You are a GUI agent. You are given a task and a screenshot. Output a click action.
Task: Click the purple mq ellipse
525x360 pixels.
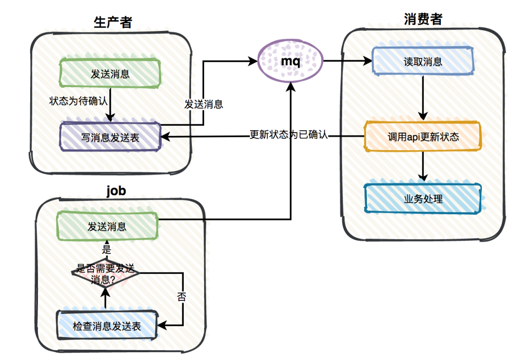[290, 61]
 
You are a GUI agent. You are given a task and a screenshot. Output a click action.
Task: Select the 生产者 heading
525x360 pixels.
[113, 22]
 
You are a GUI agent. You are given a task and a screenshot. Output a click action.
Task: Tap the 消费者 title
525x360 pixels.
[423, 19]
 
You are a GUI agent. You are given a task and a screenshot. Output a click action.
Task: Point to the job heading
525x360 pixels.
[116, 191]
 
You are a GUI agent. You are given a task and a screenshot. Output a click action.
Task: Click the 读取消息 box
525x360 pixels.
[423, 61]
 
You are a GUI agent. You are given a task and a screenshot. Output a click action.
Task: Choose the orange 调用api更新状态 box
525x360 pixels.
[423, 137]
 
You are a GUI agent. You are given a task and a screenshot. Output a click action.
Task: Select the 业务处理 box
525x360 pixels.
[423, 199]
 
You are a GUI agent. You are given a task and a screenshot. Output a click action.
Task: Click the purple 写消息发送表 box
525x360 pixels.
[110, 137]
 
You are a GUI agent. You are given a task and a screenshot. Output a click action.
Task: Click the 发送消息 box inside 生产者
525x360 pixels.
[110, 74]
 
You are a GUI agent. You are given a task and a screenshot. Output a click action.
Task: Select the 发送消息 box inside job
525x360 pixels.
[107, 226]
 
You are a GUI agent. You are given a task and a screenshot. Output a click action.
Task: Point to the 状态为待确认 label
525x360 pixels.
[78, 101]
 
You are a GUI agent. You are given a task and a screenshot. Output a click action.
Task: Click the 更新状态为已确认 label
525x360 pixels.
[289, 135]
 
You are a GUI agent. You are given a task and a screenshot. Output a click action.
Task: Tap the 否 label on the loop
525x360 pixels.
[181, 296]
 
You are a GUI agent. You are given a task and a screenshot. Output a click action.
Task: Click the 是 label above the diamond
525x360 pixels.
[106, 249]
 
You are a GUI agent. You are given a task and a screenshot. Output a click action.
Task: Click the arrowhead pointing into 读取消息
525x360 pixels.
[367, 61]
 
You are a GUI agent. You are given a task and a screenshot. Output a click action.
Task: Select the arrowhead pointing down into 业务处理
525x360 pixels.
[423, 177]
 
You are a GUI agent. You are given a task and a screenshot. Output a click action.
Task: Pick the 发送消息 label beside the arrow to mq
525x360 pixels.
[204, 104]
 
